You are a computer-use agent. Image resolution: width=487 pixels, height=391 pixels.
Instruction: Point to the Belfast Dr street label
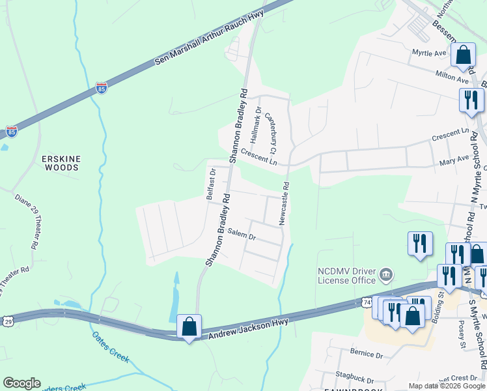pyautogui.click(x=211, y=184)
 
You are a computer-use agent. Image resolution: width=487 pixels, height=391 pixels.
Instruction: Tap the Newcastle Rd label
pyautogui.click(x=284, y=203)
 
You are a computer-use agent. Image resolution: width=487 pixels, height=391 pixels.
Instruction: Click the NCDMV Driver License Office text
pyautogui.click(x=346, y=276)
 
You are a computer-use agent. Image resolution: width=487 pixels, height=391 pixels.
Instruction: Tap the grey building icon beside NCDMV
pyautogui.click(x=385, y=274)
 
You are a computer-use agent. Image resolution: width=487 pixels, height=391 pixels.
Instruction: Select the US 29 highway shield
pyautogui.click(x=7, y=321)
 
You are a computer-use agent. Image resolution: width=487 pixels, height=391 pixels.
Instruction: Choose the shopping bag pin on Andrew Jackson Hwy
pyautogui.click(x=189, y=326)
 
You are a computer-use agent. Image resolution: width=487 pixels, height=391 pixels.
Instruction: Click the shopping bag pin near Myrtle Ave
pyautogui.click(x=464, y=55)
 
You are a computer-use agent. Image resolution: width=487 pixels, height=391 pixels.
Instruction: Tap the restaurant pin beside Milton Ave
pyautogui.click(x=470, y=100)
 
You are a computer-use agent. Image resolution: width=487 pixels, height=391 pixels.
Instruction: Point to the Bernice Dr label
pyautogui.click(x=367, y=355)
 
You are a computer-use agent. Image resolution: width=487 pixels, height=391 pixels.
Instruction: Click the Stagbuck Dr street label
pyautogui.click(x=352, y=379)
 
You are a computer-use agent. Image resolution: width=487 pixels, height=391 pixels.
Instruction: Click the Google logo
pyautogui.click(x=22, y=383)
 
